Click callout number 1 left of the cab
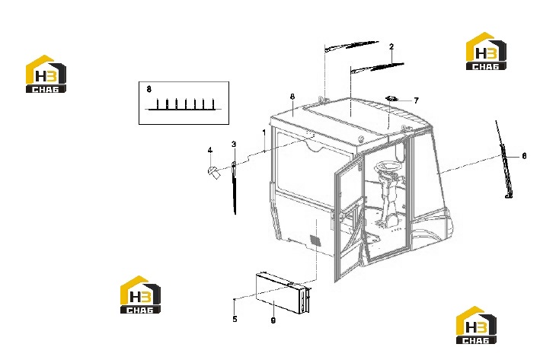[264, 132]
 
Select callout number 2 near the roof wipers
[391, 46]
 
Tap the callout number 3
[234, 144]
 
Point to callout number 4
[210, 150]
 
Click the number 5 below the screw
[235, 319]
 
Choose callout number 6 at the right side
[524, 156]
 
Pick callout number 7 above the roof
[417, 100]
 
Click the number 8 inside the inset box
[149, 90]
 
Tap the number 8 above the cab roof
[292, 97]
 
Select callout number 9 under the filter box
[273, 320]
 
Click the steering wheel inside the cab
[388, 167]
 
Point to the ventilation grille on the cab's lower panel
[315, 241]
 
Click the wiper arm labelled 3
[234, 187]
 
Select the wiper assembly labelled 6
[504, 159]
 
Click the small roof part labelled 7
[391, 99]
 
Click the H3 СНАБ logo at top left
[46, 74]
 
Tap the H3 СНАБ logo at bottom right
[476, 325]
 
